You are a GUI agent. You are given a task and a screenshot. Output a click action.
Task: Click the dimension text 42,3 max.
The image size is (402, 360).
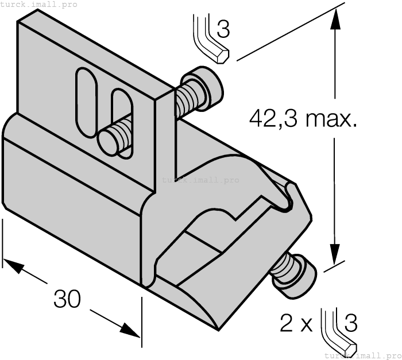pyautogui.click(x=303, y=119)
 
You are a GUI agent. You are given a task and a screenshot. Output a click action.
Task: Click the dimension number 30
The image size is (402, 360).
pyautogui.click(x=67, y=299)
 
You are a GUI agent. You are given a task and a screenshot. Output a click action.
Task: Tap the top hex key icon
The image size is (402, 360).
pyautogui.click(x=210, y=40)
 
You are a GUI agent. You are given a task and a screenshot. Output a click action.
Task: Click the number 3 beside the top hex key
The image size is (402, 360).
pyautogui.click(x=223, y=29)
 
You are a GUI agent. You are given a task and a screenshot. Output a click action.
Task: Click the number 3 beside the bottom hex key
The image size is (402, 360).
pyautogui.click(x=350, y=323)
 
